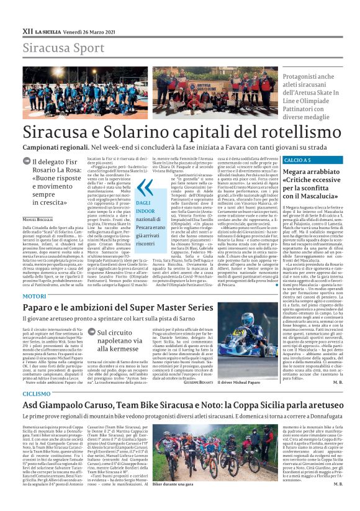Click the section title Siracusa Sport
[55, 48]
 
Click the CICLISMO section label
[36, 394]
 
